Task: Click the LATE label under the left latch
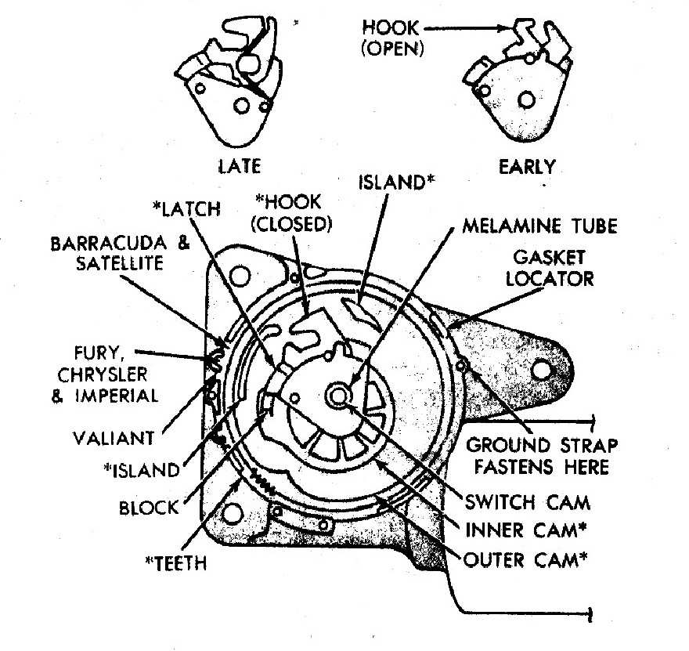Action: coord(240,166)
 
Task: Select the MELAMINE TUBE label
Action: coord(540,227)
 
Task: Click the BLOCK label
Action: coord(149,507)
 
